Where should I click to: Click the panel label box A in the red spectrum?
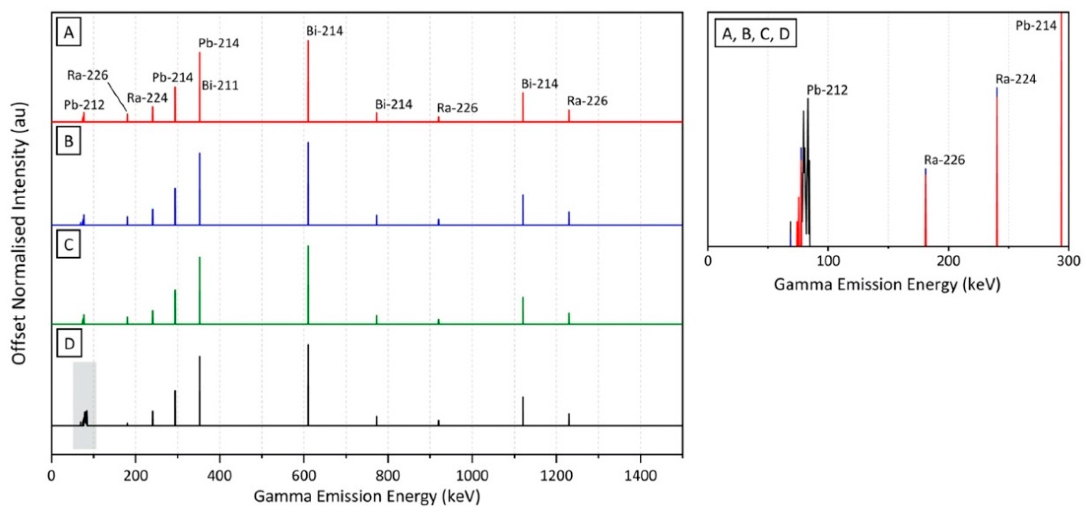[69, 33]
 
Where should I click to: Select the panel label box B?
[69, 142]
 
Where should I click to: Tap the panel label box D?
[69, 344]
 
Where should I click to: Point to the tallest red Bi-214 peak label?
[325, 31]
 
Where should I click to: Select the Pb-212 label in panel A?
[84, 105]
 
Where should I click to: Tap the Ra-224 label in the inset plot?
[1016, 79]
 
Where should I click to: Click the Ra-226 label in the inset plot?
[944, 160]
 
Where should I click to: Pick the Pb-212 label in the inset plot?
[827, 90]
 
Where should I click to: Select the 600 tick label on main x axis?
[304, 476]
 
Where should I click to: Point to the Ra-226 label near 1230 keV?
[587, 101]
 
